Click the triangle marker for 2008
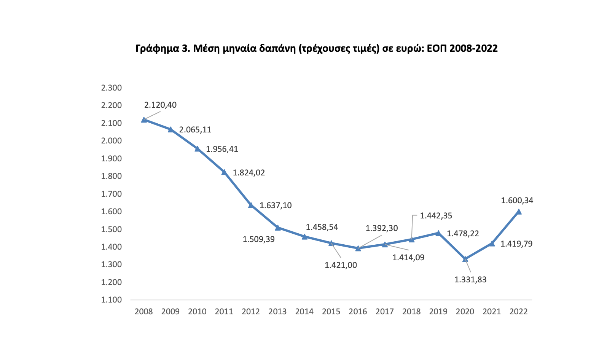point(144,120)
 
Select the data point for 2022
point(518,212)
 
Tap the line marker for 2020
point(465,259)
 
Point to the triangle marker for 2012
point(251,205)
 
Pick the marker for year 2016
point(358,248)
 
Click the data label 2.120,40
point(160,105)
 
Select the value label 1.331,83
point(470,280)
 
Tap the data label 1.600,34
point(517,201)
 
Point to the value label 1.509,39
point(259,239)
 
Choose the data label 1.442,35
point(436,216)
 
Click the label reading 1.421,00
point(341,265)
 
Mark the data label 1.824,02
point(249,173)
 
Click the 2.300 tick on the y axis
point(111,88)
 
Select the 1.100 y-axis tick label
point(111,300)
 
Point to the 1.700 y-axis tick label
point(111,194)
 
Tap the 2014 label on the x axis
point(304,312)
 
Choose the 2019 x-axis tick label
point(438,312)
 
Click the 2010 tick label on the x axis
point(197,312)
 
